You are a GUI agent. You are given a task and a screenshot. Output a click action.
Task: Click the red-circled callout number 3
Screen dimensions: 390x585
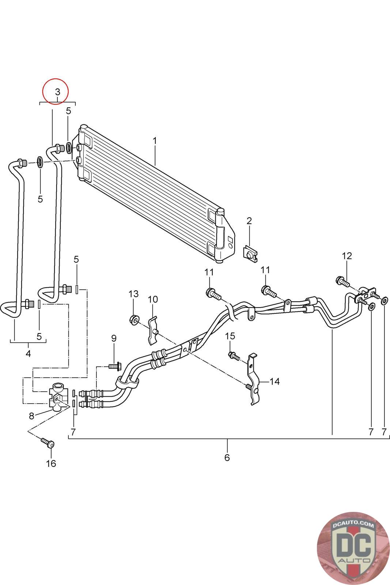[x=57, y=92]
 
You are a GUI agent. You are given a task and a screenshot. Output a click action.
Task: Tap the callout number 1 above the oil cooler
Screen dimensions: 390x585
[x=155, y=141]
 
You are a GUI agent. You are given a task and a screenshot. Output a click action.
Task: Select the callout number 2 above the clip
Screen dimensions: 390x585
[x=249, y=221]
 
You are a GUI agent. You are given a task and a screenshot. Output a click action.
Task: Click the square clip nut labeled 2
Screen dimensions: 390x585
[x=251, y=253]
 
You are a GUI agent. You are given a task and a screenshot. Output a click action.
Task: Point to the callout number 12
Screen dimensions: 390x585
[x=347, y=256]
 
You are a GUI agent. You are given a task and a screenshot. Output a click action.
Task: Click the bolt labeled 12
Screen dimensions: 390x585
[x=343, y=281]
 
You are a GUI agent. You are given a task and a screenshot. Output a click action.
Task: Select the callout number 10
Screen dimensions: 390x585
[x=153, y=299]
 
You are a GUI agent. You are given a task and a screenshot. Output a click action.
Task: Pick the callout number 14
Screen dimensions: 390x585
[x=274, y=382]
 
